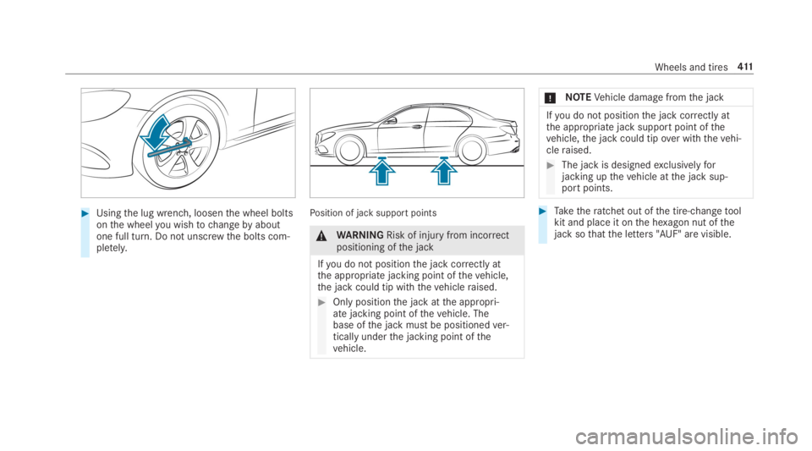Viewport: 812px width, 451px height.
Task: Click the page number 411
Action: click(x=745, y=67)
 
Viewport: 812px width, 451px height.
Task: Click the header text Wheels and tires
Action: click(x=691, y=68)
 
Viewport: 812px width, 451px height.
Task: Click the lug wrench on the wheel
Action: click(x=169, y=147)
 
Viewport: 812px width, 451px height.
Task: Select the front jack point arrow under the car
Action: click(x=382, y=172)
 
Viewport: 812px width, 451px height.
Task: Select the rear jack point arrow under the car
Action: click(x=444, y=172)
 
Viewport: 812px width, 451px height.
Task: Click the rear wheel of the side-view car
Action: click(x=471, y=150)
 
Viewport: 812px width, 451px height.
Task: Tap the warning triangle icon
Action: click(x=321, y=236)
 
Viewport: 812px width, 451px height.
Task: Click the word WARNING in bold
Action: click(x=360, y=235)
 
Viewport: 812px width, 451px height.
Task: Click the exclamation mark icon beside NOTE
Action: click(x=551, y=98)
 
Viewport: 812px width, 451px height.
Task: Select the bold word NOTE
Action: click(x=578, y=97)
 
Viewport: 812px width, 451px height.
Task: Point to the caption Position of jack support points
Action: click(x=373, y=213)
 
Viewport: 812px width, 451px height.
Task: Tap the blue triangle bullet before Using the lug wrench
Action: click(x=85, y=213)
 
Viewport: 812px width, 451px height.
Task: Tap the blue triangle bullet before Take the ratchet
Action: click(x=543, y=211)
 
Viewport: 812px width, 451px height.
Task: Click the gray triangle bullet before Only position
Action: click(x=321, y=302)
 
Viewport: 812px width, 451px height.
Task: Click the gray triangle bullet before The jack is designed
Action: click(x=551, y=165)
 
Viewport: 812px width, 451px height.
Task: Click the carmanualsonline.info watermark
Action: click(x=686, y=437)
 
